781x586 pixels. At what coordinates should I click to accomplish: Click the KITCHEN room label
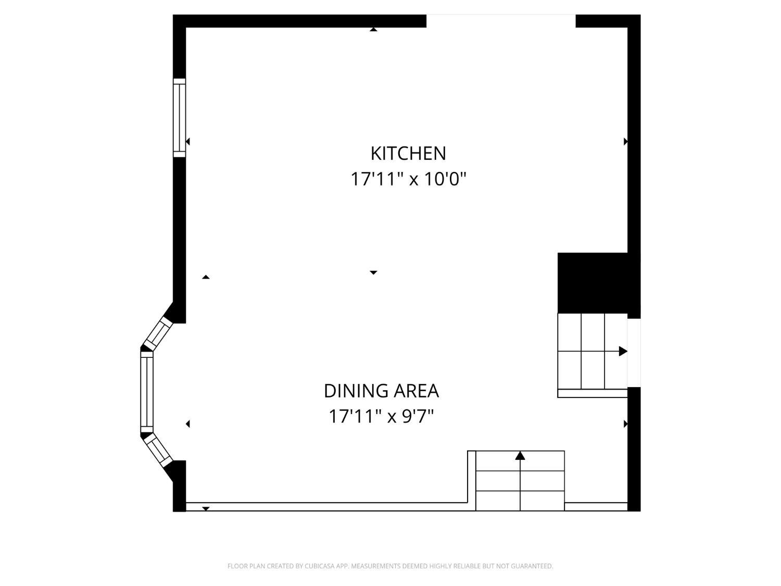[x=408, y=153]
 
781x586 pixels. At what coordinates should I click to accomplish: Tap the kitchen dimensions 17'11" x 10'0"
[x=408, y=179]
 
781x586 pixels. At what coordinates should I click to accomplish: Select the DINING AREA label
[x=381, y=391]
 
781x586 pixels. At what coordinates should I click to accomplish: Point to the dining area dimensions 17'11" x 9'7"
[x=381, y=416]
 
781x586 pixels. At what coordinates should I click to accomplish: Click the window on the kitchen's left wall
[x=179, y=118]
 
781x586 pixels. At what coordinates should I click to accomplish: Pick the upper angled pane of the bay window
[x=157, y=334]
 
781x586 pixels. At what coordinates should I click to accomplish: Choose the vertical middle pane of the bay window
[x=147, y=392]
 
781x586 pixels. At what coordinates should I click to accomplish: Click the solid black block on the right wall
[x=593, y=283]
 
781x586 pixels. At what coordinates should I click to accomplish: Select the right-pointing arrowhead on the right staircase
[x=623, y=351]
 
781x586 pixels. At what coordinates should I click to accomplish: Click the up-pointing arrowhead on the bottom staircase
[x=520, y=455]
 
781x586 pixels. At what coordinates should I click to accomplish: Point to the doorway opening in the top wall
[x=501, y=21]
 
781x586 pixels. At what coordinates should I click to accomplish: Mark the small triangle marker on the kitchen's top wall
[x=373, y=30]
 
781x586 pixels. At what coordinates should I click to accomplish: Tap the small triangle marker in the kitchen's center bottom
[x=373, y=272]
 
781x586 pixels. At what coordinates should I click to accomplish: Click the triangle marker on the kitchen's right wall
[x=625, y=142]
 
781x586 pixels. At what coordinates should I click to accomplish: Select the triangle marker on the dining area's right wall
[x=625, y=424]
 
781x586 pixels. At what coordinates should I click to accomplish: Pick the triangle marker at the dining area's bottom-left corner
[x=206, y=509]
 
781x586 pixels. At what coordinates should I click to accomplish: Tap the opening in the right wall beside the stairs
[x=634, y=353]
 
